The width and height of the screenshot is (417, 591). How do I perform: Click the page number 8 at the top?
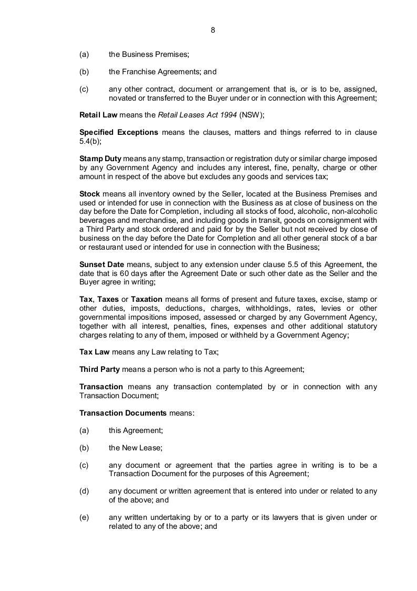pos(212,30)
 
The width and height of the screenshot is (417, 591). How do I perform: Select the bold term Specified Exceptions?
pos(118,132)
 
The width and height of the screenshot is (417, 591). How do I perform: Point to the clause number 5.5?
pos(288,264)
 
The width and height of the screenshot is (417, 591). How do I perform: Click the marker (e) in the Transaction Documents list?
pos(84,517)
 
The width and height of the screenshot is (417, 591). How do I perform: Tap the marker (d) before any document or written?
pos(84,491)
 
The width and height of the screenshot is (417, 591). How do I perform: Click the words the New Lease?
pos(136,448)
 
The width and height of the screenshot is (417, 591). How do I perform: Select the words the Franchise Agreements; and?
pos(162,72)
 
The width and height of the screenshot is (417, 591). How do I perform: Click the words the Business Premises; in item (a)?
pos(149,54)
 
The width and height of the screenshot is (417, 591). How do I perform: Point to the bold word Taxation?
pos(146,299)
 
